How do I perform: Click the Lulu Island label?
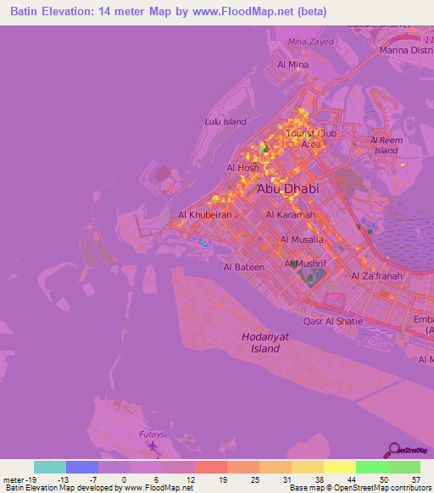click(226, 121)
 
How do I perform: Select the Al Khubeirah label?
click(204, 215)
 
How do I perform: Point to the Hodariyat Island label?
click(259, 343)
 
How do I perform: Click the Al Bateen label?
click(244, 267)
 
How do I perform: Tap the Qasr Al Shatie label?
click(333, 321)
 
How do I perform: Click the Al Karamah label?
click(291, 215)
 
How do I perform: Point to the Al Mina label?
click(292, 64)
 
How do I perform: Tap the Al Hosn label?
click(243, 168)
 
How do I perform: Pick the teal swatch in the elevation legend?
click(50, 467)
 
